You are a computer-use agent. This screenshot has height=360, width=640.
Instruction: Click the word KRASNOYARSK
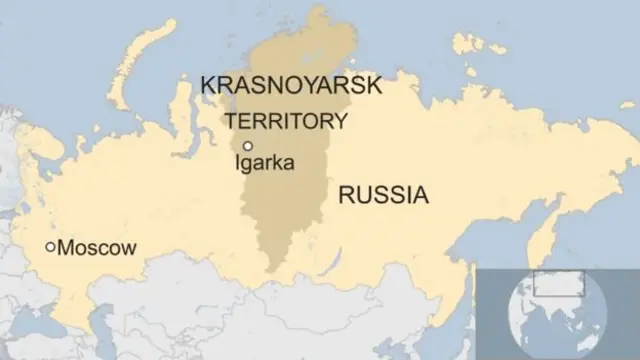tap(291, 85)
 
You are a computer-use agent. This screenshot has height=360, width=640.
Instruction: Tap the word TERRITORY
tap(287, 121)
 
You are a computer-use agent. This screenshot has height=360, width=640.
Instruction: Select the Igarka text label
tap(264, 162)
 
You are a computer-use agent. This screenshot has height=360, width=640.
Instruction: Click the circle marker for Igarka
tap(246, 146)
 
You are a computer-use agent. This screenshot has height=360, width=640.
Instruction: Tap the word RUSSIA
tap(383, 194)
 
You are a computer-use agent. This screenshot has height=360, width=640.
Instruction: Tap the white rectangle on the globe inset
tap(558, 283)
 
